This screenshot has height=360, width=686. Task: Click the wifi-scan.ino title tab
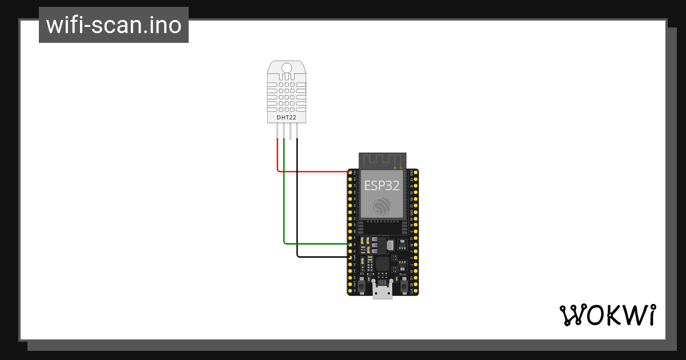point(114,25)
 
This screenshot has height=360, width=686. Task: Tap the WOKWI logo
point(607,315)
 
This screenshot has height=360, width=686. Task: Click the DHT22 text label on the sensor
point(286,118)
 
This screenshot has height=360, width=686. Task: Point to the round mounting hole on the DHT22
point(286,68)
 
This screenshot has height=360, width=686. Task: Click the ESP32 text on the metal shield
point(382,185)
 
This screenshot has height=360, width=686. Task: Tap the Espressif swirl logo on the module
point(382,206)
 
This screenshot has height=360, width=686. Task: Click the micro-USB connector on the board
point(382,291)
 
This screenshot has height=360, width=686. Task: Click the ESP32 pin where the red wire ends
point(350,172)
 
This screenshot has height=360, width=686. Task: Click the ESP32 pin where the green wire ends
point(350,244)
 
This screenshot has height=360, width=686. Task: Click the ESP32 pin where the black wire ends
point(350,257)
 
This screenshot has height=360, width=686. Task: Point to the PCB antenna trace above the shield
point(382,160)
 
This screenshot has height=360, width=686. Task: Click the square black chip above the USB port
point(382,264)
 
